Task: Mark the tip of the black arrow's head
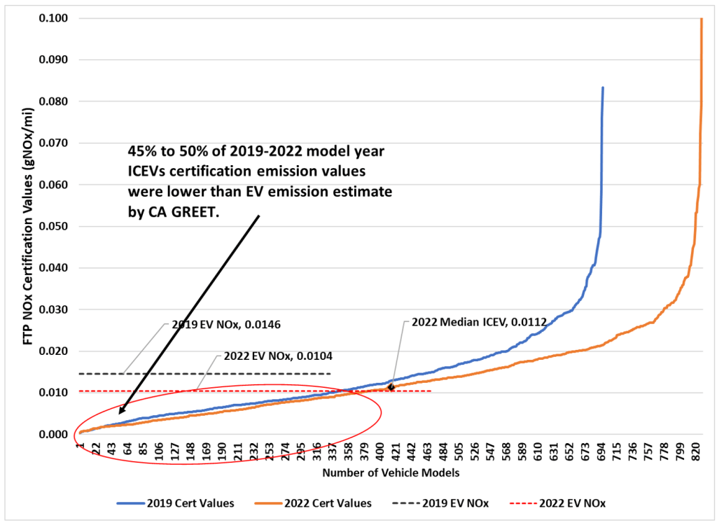coord(120,414)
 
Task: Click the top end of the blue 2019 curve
coord(603,87)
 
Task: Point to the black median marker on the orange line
coord(391,386)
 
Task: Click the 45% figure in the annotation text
coord(139,150)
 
